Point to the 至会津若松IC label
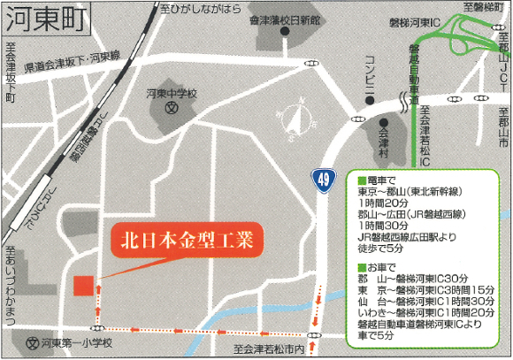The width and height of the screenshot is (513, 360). point(425,137)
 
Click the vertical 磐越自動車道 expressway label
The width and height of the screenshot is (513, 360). point(413,75)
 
